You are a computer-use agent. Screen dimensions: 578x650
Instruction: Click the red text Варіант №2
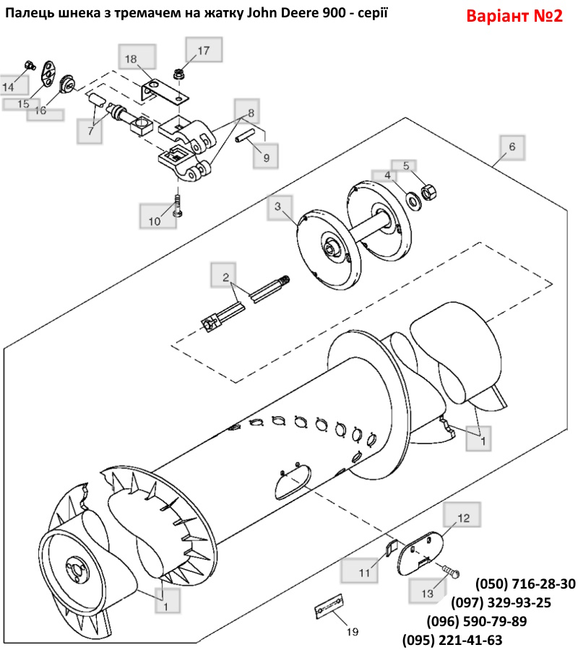pos(514,16)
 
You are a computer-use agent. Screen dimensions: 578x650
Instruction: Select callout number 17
pos(204,51)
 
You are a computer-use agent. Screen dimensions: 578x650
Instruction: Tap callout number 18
pos(131,59)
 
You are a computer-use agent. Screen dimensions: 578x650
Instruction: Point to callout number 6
pos(512,147)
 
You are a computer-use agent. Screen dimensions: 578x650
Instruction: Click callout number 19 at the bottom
pos(353,632)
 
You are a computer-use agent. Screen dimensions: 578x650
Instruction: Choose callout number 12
pos(464,518)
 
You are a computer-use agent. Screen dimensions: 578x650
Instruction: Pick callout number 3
pos(278,207)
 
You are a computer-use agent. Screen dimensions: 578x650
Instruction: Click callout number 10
pos(154,222)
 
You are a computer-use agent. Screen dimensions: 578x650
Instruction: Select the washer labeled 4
pos(413,201)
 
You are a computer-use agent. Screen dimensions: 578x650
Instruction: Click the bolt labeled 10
pos(178,204)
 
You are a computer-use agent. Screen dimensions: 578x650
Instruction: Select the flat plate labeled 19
pos(329,607)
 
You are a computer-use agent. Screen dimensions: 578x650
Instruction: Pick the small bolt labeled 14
pos(29,65)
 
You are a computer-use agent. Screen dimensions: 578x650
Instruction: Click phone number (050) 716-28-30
pos(525,584)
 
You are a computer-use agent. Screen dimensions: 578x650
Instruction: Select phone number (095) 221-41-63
pos(452,640)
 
